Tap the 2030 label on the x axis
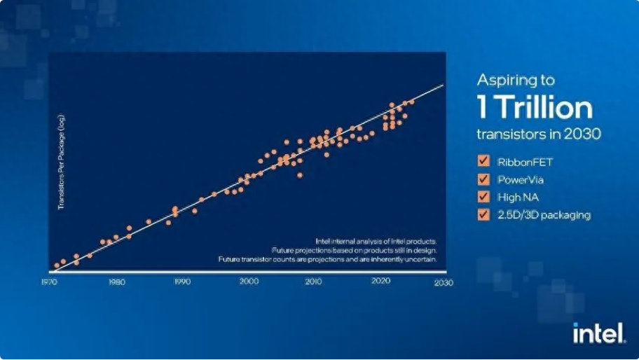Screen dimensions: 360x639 (443, 282)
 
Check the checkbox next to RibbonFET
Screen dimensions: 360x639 (483, 160)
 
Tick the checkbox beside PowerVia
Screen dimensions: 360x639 (483, 179)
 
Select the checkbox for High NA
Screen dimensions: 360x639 (483, 197)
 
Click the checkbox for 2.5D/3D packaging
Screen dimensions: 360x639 (483, 215)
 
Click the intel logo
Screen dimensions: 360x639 (599, 333)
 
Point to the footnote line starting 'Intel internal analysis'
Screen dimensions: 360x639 (377, 240)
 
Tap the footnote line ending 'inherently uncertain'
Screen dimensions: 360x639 (328, 259)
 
